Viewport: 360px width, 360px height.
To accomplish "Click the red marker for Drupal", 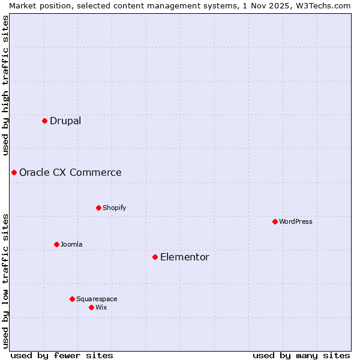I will [x=44, y=121].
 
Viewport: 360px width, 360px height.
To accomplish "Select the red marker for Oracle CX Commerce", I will [x=14, y=173].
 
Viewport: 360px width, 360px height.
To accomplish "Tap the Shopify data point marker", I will [x=98, y=208].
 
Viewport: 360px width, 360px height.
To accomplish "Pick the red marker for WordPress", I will [x=275, y=221].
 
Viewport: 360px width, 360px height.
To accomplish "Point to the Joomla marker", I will [x=56, y=244].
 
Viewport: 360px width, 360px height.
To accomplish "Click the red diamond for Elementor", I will [x=155, y=257].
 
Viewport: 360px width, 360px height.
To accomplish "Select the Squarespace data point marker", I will [x=72, y=299].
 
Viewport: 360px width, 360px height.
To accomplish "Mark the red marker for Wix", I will [x=91, y=307].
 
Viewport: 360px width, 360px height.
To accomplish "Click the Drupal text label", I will [x=65, y=121].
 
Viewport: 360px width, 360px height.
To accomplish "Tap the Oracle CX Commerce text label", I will [x=70, y=173].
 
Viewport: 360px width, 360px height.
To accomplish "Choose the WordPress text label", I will [x=296, y=221].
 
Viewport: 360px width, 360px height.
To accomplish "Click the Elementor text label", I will [x=185, y=257].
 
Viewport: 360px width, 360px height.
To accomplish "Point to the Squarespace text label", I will [x=97, y=299].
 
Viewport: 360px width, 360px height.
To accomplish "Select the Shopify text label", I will [x=115, y=208].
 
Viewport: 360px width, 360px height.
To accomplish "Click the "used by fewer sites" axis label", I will [x=62, y=355].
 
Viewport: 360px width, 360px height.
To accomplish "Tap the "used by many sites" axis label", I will [x=301, y=355].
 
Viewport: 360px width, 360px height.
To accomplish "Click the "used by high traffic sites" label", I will [x=6, y=85].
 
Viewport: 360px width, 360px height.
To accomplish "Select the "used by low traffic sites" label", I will [x=6, y=280].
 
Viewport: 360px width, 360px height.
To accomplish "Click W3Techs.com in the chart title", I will [x=322, y=5].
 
